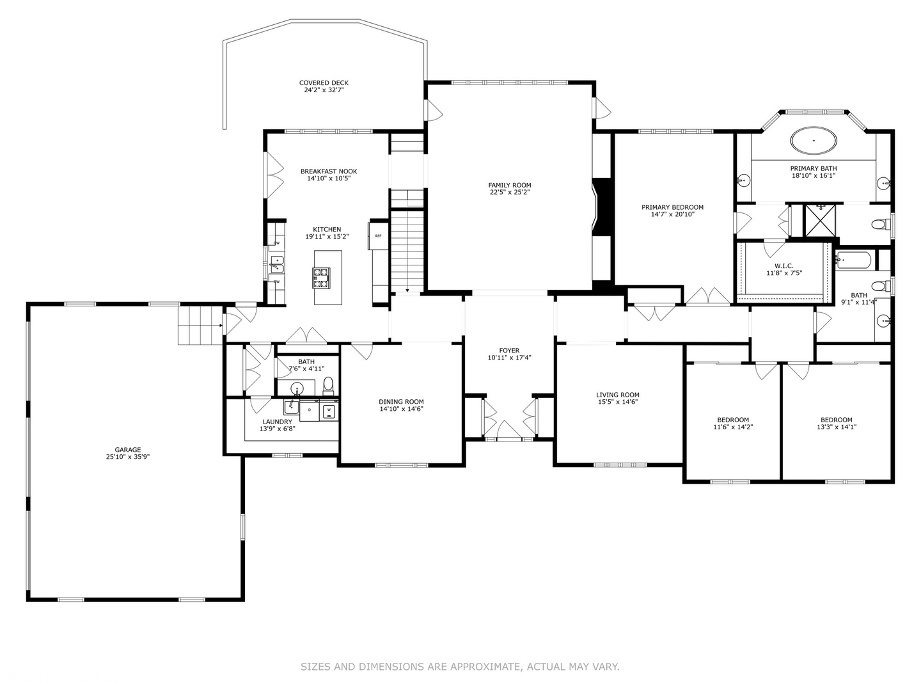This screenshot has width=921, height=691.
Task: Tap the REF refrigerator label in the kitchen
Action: tap(378, 236)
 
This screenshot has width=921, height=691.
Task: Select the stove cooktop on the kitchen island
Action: tap(321, 278)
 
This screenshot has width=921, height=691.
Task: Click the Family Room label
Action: tap(509, 185)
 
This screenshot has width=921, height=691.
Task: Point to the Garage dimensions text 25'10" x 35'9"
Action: tap(128, 457)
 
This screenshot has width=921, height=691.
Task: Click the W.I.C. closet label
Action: tap(783, 266)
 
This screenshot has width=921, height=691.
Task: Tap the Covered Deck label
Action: tap(324, 83)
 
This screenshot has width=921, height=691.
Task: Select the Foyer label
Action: tap(509, 351)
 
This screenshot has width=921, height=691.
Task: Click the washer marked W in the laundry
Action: tap(329, 410)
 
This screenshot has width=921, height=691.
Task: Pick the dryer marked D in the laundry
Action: tap(310, 410)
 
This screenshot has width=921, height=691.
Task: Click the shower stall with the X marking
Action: tap(819, 220)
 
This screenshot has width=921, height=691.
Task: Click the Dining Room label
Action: tap(401, 402)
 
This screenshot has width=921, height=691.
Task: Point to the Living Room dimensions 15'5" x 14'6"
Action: tap(618, 402)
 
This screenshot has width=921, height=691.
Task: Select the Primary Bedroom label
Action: tap(672, 207)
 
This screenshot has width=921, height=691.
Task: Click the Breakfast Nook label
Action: tap(329, 171)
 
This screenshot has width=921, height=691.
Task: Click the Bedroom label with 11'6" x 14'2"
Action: tap(733, 420)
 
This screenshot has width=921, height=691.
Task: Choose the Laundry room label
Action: tap(277, 422)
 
